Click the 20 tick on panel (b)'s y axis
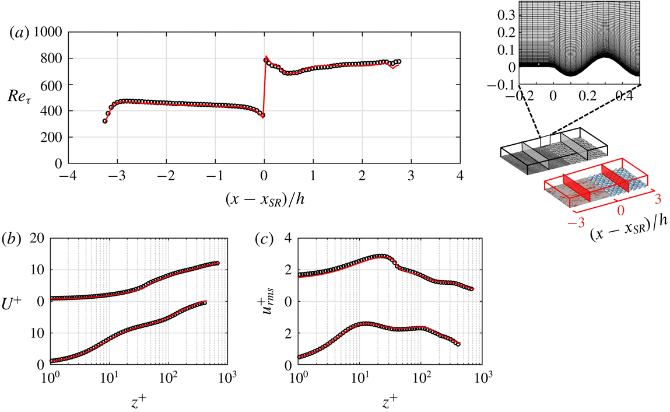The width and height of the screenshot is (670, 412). coord(37,239)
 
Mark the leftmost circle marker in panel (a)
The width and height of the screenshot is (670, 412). coord(105,121)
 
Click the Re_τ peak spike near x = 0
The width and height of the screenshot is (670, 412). coord(266,57)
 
